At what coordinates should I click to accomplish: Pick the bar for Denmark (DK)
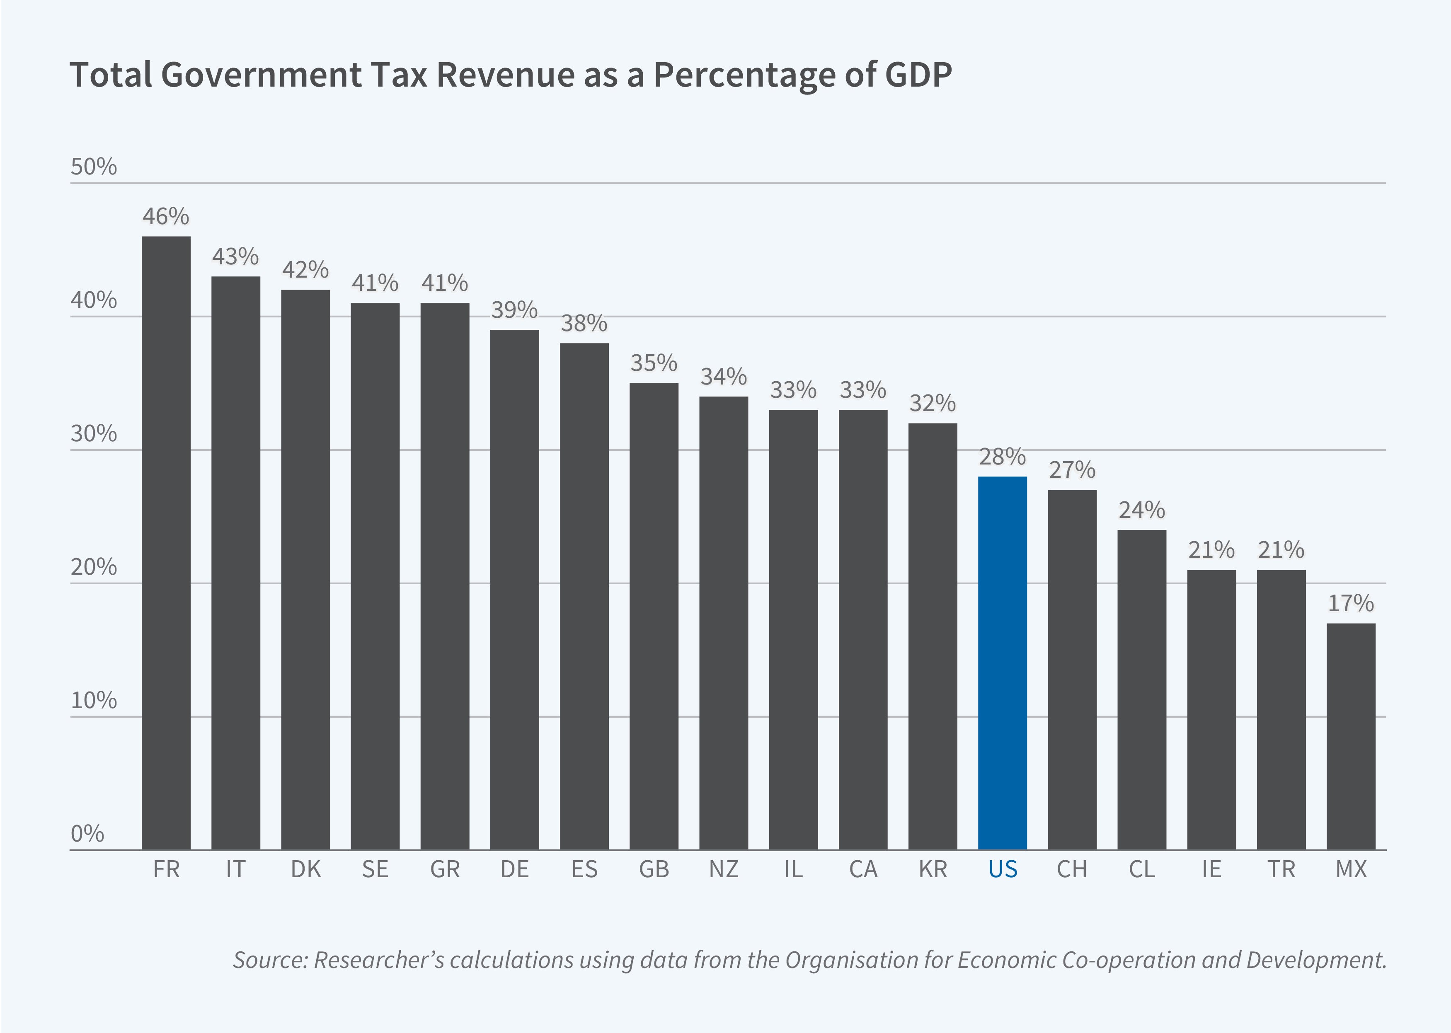pyautogui.click(x=305, y=569)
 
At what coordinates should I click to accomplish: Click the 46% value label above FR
pyautogui.click(x=166, y=217)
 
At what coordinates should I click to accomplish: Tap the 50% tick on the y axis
pyautogui.click(x=94, y=167)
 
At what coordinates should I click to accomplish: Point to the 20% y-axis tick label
pyautogui.click(x=94, y=567)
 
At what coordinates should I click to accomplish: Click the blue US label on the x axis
pyautogui.click(x=1003, y=869)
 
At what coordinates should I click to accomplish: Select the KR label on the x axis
pyautogui.click(x=933, y=869)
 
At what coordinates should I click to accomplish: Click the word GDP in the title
pyautogui.click(x=917, y=75)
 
